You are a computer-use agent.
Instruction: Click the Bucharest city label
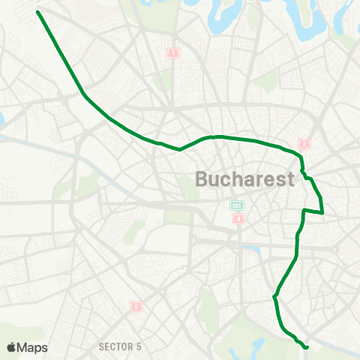(x=244, y=180)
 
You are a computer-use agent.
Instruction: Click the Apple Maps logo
(x=27, y=347)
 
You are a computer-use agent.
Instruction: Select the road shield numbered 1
(x=174, y=53)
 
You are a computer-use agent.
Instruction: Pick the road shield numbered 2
(x=304, y=144)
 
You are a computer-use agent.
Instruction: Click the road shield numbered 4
(x=238, y=219)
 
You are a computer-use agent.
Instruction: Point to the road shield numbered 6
(x=136, y=306)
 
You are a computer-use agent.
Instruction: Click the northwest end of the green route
(x=37, y=11)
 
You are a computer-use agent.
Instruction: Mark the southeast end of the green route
(x=306, y=346)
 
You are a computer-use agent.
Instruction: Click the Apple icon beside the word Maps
(x=12, y=347)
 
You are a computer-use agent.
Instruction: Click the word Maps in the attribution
(x=32, y=347)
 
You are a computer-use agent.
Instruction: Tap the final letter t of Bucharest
(x=289, y=180)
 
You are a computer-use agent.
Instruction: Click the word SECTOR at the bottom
(x=115, y=346)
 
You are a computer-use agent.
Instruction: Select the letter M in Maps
(x=22, y=347)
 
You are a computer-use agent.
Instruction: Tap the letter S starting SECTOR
(x=101, y=346)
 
